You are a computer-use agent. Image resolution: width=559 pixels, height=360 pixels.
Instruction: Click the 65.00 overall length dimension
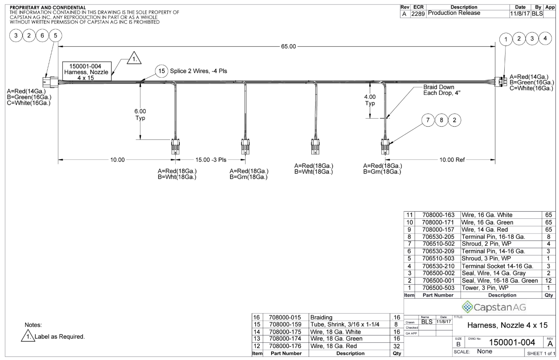tap(288, 46)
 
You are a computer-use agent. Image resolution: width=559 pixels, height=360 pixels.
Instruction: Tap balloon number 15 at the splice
tap(162, 71)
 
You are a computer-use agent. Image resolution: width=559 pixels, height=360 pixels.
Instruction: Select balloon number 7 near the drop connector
tap(428, 120)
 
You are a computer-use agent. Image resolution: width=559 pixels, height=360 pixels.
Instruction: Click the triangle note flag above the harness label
tap(134, 58)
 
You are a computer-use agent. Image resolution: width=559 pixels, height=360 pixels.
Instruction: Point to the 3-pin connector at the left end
tap(50, 82)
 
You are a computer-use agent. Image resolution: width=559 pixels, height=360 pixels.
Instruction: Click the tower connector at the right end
tap(502, 82)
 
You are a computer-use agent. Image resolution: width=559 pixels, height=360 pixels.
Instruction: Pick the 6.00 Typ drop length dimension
tap(140, 114)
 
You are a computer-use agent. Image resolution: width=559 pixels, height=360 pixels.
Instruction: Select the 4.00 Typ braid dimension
tap(370, 100)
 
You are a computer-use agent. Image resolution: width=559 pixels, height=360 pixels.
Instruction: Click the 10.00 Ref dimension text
tap(452, 160)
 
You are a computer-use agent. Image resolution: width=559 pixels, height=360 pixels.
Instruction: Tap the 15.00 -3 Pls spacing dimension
tap(211, 160)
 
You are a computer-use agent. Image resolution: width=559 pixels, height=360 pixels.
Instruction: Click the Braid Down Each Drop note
tap(442, 90)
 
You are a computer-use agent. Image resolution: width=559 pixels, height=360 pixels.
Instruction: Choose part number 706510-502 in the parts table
tap(438, 244)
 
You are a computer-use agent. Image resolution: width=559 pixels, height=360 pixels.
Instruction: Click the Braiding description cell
tap(321, 317)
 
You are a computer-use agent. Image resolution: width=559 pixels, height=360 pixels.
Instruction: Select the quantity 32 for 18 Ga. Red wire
tap(397, 346)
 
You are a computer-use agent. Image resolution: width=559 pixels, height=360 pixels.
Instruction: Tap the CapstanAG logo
tap(494, 307)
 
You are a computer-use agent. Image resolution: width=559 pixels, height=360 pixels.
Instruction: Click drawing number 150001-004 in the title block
tap(512, 342)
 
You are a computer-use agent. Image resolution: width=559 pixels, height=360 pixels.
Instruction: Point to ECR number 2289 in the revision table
tap(418, 14)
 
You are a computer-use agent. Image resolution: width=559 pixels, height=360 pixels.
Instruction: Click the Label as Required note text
tap(60, 337)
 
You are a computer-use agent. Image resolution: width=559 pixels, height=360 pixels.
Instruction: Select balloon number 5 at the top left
tap(55, 36)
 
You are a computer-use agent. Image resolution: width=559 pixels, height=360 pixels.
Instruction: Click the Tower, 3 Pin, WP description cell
tap(485, 288)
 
